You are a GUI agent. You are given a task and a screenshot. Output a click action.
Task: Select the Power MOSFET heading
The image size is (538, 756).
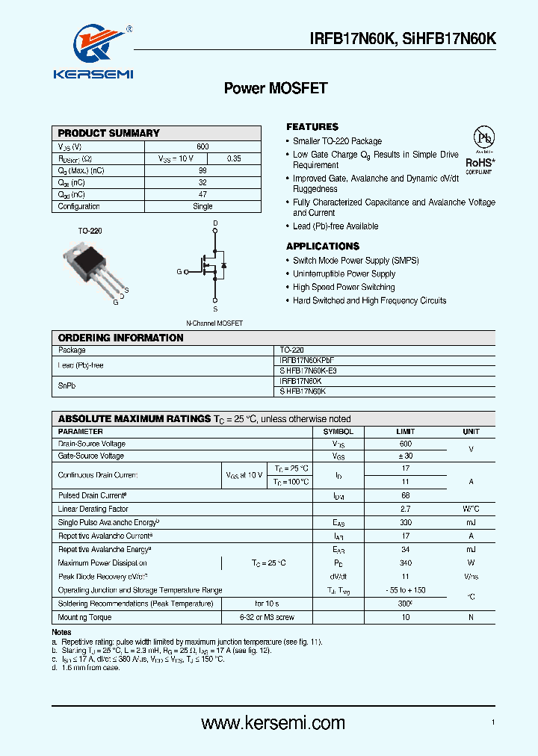(x=276, y=88)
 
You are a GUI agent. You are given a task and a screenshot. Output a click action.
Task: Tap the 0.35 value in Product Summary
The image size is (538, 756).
(x=234, y=158)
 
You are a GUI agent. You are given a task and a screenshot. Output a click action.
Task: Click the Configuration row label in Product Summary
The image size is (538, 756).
(x=79, y=206)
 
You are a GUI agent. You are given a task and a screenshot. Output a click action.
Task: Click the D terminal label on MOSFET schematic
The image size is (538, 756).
(x=215, y=223)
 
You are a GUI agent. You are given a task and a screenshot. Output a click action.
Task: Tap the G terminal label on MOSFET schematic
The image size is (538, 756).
(x=179, y=272)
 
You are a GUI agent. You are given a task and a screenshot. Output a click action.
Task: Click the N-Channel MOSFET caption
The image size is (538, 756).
(x=214, y=323)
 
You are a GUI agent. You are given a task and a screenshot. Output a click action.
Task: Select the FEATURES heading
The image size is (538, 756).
(x=312, y=127)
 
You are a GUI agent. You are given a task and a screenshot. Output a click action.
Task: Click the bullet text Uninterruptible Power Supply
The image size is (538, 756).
(x=344, y=274)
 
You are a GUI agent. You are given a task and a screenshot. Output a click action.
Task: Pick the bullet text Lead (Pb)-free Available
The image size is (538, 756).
(x=336, y=226)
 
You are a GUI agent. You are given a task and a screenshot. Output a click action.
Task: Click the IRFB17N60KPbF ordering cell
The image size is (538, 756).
(x=307, y=360)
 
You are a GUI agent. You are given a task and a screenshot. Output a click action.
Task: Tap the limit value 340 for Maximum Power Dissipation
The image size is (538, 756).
(x=405, y=563)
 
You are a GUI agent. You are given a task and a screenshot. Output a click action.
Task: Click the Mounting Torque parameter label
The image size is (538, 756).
(x=84, y=617)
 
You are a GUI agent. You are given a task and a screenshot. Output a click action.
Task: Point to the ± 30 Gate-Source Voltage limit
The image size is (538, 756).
(x=405, y=456)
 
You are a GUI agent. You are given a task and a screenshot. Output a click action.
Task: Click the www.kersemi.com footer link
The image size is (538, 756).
(x=273, y=722)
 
